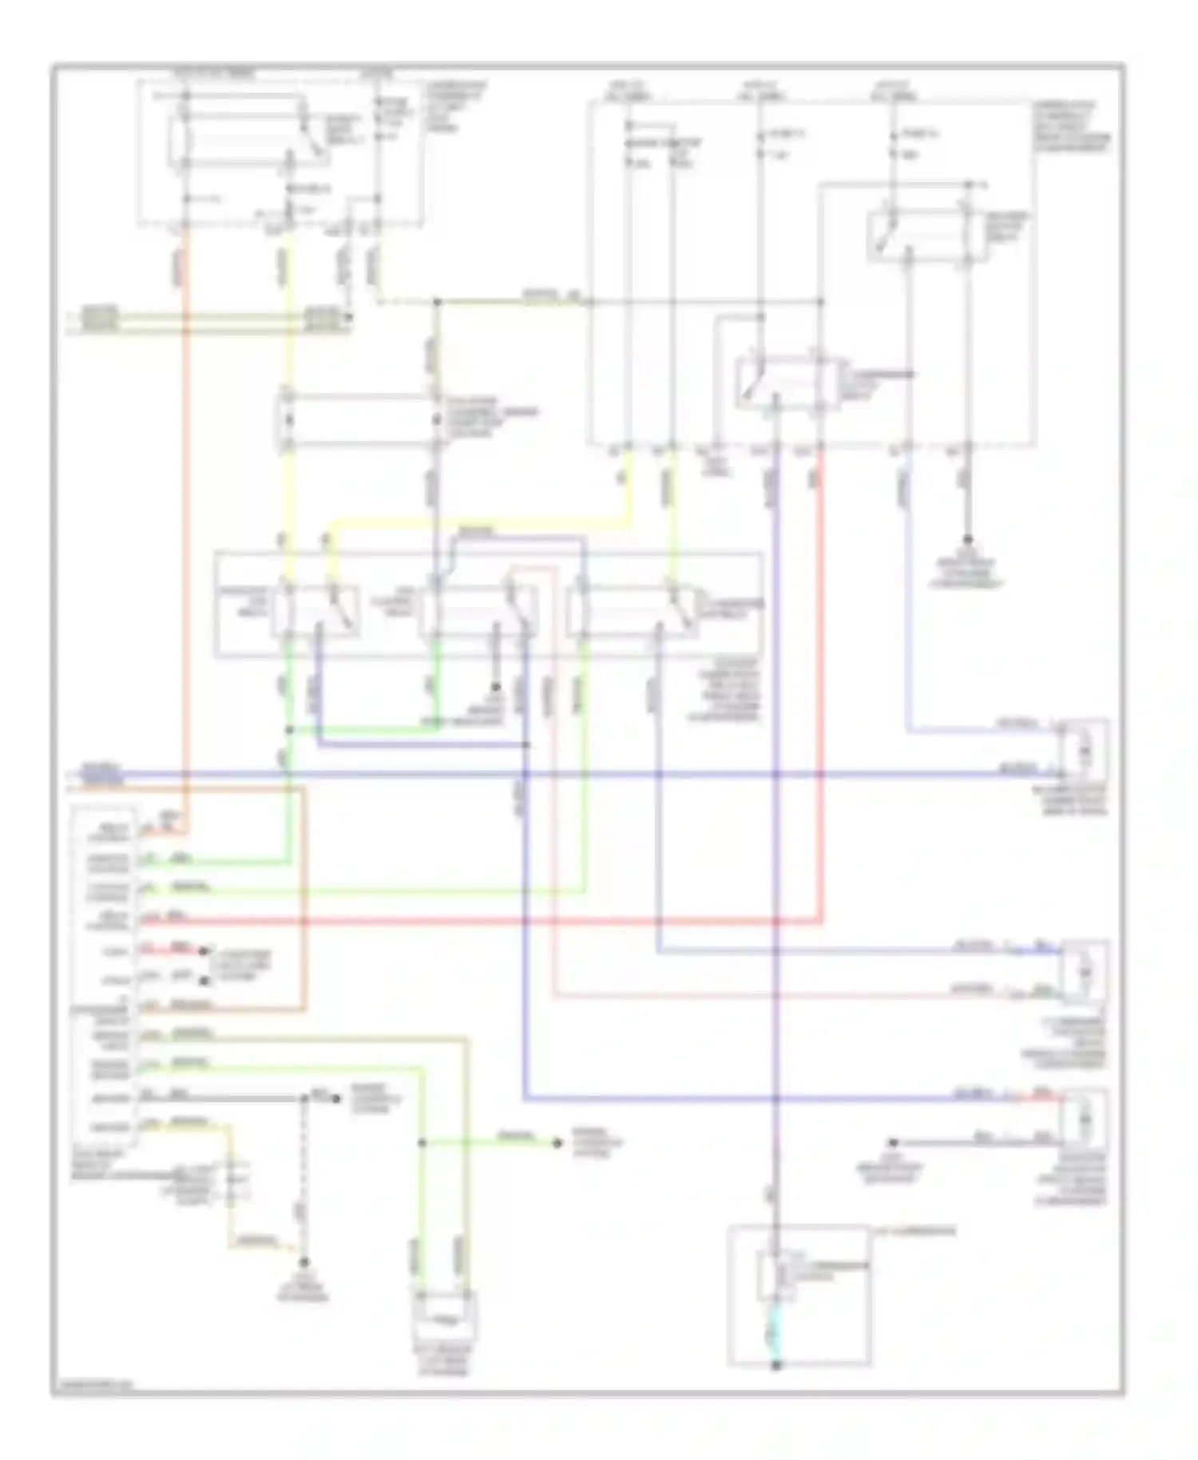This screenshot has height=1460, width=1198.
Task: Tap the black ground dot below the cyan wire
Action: point(776,1367)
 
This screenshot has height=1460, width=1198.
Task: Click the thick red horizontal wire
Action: point(479,922)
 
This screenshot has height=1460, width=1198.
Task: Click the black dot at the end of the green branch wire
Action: point(558,1144)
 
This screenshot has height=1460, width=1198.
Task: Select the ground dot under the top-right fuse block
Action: point(967,539)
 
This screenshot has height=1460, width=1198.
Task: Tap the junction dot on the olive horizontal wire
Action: point(437,302)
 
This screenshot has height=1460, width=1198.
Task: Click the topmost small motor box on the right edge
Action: point(1084,749)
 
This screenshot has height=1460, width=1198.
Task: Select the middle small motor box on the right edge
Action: point(1084,972)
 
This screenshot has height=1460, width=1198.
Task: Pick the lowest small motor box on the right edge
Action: point(1084,1120)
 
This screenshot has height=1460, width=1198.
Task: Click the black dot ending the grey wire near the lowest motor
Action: point(894,1143)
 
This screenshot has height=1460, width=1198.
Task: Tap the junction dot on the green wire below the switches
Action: point(289,730)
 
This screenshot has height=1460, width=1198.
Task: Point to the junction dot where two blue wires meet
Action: point(526,744)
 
